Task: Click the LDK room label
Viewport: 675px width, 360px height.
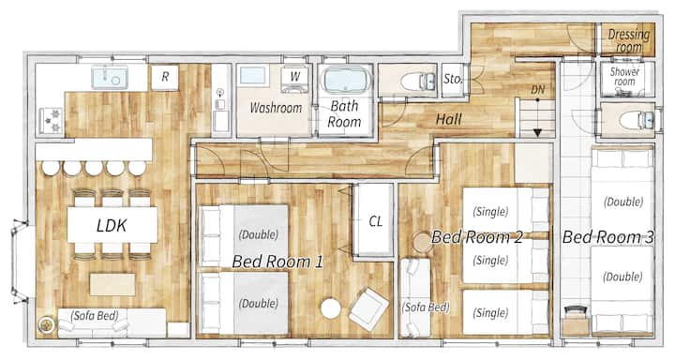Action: [x=112, y=226]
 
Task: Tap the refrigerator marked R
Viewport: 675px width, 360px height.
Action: [x=165, y=77]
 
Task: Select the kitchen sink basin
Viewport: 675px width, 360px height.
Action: [x=110, y=78]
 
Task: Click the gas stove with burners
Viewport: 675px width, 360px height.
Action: [x=52, y=121]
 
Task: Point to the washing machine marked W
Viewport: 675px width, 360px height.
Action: [x=294, y=80]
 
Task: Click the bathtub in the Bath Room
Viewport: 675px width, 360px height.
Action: [x=345, y=81]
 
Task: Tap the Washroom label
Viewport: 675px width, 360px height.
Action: [x=276, y=108]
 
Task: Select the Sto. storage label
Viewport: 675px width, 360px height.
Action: [x=453, y=79]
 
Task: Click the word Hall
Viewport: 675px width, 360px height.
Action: [x=448, y=119]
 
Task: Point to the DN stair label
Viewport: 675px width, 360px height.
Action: [x=538, y=90]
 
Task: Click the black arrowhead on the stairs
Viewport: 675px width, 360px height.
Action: [x=537, y=132]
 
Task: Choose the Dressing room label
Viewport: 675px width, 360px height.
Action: [x=628, y=40]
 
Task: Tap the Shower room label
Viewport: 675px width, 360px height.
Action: [x=624, y=76]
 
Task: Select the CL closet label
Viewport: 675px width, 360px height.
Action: [x=375, y=221]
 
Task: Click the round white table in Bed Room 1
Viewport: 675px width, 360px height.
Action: [x=331, y=308]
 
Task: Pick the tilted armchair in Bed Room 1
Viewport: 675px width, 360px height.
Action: [x=368, y=308]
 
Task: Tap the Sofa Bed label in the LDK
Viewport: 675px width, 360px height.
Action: [x=95, y=316]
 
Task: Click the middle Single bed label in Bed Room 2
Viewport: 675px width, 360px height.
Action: [x=490, y=261]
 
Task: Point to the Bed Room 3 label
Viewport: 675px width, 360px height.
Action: [x=607, y=236]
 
